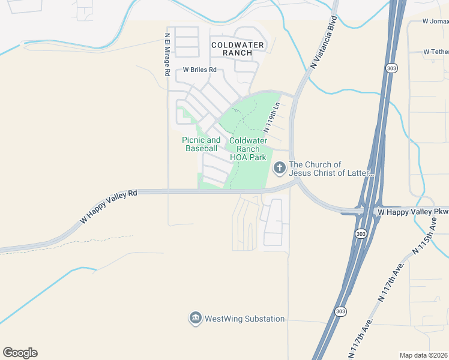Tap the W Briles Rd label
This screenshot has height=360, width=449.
(199, 70)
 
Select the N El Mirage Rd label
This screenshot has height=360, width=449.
(167, 54)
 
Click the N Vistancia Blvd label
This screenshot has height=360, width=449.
(322, 42)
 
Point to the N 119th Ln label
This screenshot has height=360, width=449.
(272, 117)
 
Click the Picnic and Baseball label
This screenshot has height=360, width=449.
(201, 144)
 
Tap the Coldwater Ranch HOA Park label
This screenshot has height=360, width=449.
(247, 149)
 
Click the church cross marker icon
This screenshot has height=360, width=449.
(279, 169)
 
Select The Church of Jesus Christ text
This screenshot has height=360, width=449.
(331, 169)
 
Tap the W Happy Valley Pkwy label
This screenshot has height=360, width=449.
(412, 212)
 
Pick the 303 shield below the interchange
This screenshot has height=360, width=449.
(360, 233)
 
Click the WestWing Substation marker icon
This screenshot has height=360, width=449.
(195, 319)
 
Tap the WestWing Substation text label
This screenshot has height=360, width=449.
(244, 319)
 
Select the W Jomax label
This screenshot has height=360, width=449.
(435, 21)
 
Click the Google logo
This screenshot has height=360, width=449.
(20, 352)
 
